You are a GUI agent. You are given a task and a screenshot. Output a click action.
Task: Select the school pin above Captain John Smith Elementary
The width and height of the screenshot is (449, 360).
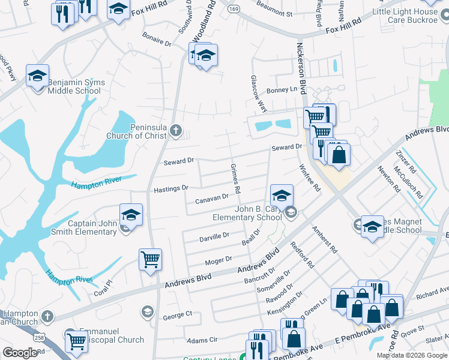(x=131, y=215)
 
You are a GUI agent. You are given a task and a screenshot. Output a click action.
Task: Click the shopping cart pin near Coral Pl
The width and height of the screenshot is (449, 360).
(x=150, y=260)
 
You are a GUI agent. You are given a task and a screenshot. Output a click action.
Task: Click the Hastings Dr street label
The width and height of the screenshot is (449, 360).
(x=171, y=188)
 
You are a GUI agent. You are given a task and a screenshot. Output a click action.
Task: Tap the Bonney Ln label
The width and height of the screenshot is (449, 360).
(x=282, y=90)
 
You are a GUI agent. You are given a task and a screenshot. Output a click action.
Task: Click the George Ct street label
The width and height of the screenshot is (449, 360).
(x=177, y=314)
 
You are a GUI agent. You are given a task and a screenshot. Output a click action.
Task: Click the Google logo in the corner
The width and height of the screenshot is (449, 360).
(x=20, y=353)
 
